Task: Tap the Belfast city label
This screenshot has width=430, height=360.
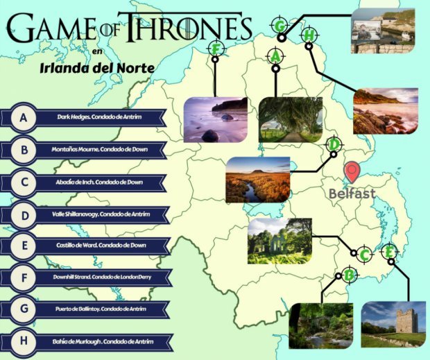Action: pos(352,193)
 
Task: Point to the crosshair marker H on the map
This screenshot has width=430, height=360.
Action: pos(309,35)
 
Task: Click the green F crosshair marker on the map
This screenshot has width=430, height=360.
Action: pos(216,49)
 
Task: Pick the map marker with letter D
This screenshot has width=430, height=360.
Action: pos(334,145)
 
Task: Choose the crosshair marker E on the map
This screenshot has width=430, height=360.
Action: pos(390,251)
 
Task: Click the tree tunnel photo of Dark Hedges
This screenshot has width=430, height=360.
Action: pos(289,119)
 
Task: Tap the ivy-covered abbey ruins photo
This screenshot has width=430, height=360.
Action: pos(279,241)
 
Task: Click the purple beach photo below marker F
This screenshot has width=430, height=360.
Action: pos(216,119)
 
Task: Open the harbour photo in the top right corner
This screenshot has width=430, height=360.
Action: pos(383,31)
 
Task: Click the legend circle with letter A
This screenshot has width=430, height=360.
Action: pos(24,118)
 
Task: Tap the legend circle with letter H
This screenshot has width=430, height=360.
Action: pos(24,342)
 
